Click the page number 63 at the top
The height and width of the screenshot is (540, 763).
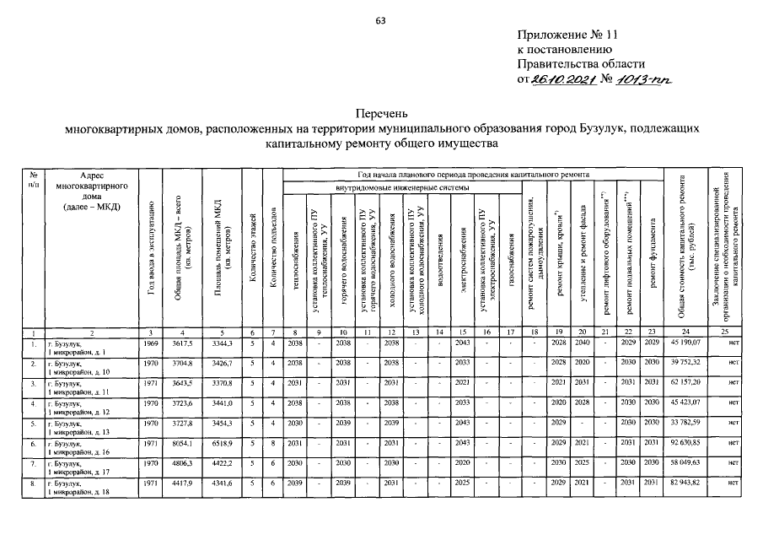381,20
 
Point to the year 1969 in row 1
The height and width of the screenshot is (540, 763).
150,345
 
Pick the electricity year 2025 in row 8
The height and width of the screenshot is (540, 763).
461,483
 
